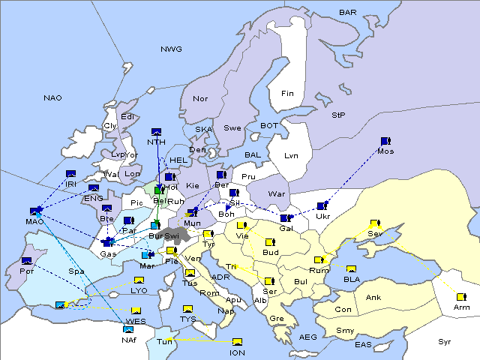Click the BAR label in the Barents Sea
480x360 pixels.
click(x=348, y=12)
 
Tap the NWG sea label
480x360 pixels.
click(x=170, y=49)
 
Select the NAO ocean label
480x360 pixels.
click(x=52, y=97)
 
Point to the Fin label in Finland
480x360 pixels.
click(x=287, y=94)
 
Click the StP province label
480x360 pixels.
click(x=338, y=115)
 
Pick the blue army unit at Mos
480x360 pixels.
click(x=385, y=141)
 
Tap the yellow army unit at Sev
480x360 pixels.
click(x=374, y=223)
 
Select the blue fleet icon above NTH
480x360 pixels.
click(x=157, y=131)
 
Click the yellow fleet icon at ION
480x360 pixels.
click(x=238, y=342)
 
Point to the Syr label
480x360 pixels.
click(x=445, y=342)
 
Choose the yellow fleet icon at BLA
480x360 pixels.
click(x=351, y=269)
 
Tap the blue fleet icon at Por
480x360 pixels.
click(x=27, y=260)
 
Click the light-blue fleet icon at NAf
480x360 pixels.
click(x=128, y=328)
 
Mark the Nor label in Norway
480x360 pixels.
click(x=200, y=98)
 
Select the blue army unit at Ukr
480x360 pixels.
click(x=322, y=205)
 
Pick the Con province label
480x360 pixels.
click(x=343, y=310)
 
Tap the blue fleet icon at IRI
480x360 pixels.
click(x=70, y=174)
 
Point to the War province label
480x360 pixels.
click(x=277, y=193)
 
